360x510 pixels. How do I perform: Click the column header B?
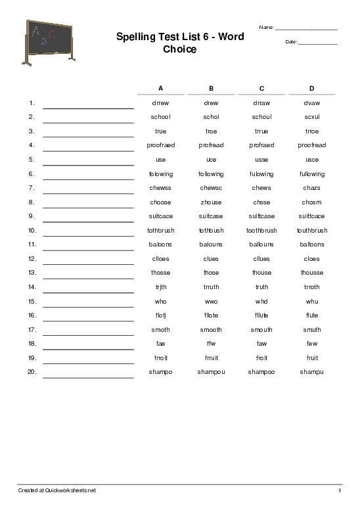211,88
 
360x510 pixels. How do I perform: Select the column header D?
312,88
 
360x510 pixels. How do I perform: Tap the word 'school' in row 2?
160,117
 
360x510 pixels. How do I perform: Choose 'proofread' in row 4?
312,145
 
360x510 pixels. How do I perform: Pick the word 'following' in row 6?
211,174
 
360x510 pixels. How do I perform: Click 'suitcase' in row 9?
211,216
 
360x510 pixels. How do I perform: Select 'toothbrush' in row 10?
261,231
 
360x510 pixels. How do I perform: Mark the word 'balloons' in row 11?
312,244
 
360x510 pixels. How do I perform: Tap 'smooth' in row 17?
211,330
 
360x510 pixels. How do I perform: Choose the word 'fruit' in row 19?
312,358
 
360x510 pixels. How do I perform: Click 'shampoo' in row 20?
261,372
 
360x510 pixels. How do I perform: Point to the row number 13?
31,273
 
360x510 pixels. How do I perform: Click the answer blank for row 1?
88,105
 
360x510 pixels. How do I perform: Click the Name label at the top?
267,28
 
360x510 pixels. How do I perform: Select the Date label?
292,42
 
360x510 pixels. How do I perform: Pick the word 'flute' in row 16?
312,315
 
